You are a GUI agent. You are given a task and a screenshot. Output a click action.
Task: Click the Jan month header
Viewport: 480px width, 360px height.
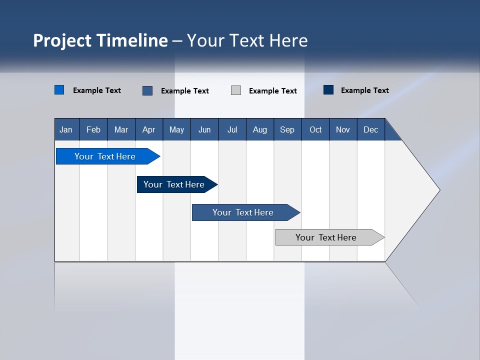pyautogui.click(x=66, y=129)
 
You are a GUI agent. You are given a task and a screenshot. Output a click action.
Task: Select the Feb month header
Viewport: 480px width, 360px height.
pyautogui.click(x=93, y=129)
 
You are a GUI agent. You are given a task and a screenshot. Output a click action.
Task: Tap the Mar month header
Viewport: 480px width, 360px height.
pyautogui.click(x=121, y=129)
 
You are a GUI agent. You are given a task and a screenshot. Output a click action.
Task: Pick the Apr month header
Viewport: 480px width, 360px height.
pyautogui.click(x=149, y=129)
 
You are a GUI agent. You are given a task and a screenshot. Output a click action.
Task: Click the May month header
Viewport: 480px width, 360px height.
pyautogui.click(x=176, y=129)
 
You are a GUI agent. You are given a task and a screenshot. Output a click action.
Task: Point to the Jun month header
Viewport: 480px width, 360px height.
pyautogui.click(x=204, y=129)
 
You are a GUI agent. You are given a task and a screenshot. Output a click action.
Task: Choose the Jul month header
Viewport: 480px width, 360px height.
pyautogui.click(x=232, y=129)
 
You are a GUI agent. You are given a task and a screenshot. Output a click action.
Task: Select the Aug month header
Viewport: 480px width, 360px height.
pyautogui.click(x=260, y=129)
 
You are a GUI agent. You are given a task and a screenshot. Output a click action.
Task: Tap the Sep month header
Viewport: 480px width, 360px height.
pyautogui.click(x=287, y=129)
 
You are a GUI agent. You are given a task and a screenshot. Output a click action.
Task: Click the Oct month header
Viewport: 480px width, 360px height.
pyautogui.click(x=315, y=129)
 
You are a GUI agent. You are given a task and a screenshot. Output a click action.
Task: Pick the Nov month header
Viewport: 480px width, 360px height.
pyautogui.click(x=343, y=129)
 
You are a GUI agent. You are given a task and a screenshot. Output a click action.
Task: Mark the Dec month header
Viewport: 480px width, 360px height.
pyautogui.click(x=371, y=129)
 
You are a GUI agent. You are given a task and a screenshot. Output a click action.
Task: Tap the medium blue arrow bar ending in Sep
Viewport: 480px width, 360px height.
pyautogui.click(x=243, y=212)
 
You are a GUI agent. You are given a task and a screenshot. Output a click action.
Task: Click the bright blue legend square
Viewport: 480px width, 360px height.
pyautogui.click(x=59, y=90)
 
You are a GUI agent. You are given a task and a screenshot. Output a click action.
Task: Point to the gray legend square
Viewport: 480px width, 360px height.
pyautogui.click(x=236, y=90)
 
